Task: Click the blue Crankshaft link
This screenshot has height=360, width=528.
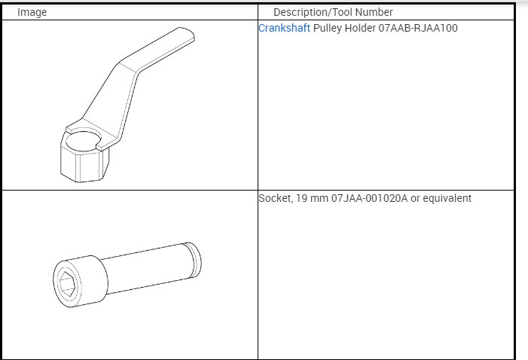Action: click(284, 28)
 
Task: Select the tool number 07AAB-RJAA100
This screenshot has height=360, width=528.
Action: click(418, 28)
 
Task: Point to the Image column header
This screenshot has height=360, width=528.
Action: click(32, 13)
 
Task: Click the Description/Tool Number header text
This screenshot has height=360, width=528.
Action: click(333, 13)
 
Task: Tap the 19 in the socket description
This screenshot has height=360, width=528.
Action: click(301, 198)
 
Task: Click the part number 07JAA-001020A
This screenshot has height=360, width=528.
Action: click(369, 198)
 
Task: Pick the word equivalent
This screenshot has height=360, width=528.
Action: click(447, 198)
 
